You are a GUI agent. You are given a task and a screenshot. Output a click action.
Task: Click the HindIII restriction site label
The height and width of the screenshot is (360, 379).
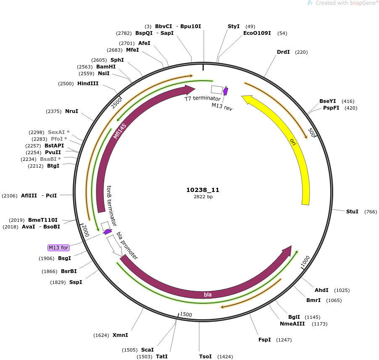point(88,84)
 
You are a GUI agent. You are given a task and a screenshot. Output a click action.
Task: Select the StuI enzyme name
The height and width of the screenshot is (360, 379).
point(352,212)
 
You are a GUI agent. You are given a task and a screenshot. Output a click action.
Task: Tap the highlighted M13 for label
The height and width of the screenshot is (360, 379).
point(58,248)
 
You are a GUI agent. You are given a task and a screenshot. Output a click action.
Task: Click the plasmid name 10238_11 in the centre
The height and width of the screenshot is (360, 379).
point(203,190)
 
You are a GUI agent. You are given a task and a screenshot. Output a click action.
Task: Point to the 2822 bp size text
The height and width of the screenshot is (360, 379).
point(203,197)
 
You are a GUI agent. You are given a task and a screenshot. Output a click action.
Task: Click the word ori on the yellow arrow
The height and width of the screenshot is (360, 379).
point(293,142)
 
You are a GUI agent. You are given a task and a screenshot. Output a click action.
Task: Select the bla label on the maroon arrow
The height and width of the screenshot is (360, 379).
point(208,294)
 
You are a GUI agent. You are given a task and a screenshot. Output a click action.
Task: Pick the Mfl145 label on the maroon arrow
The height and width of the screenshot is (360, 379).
point(120,131)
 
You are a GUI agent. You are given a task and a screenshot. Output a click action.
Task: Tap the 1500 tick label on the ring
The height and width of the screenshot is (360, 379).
point(186,314)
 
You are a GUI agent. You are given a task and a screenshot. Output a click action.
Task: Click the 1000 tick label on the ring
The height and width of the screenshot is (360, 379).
point(305,261)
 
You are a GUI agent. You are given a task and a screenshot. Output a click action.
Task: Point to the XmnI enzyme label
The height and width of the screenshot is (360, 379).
point(120,335)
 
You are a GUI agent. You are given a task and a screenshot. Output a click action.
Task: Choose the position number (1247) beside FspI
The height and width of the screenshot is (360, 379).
point(284,340)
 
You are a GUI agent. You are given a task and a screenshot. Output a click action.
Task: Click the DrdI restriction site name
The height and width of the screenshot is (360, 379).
point(283,52)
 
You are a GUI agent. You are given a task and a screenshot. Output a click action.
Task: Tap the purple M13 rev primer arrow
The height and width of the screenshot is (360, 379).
point(226,91)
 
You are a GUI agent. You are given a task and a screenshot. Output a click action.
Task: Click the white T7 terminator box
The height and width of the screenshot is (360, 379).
point(217,89)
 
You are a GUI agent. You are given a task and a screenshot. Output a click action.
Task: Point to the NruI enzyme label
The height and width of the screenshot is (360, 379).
point(71,111)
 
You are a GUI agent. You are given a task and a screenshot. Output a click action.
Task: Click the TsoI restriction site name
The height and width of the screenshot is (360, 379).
point(205,357)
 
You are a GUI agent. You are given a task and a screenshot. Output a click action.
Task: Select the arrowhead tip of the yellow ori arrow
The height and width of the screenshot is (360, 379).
point(242,96)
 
